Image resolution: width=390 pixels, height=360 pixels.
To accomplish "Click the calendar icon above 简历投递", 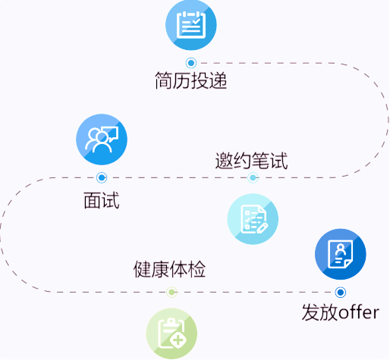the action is pyautogui.click(x=191, y=25).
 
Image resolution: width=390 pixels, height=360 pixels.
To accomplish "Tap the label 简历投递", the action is pyautogui.click(x=191, y=80).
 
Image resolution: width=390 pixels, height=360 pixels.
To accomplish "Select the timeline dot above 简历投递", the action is pyautogui.click(x=191, y=63).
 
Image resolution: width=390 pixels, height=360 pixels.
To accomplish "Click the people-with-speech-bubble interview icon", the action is pyautogui.click(x=102, y=139).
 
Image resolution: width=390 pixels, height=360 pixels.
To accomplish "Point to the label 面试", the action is pyautogui.click(x=102, y=200).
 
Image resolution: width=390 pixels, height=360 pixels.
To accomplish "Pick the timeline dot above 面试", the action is pyautogui.click(x=102, y=177).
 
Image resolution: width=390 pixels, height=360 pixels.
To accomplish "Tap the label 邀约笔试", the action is pyautogui.click(x=251, y=161).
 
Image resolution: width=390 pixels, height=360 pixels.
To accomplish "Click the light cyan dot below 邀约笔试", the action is pyautogui.click(x=253, y=177).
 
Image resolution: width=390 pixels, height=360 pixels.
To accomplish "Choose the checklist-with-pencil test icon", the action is pyautogui.click(x=253, y=219).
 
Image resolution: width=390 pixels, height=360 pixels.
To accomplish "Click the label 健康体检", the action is pyautogui.click(x=169, y=269).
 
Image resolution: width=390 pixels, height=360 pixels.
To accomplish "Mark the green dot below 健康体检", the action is pyautogui.click(x=171, y=293).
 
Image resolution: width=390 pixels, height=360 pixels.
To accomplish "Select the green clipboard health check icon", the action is pyautogui.click(x=171, y=333).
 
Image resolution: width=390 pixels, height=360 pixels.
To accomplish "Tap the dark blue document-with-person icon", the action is pyautogui.click(x=341, y=254).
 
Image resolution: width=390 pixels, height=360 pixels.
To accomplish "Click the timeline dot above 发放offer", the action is pyautogui.click(x=341, y=293).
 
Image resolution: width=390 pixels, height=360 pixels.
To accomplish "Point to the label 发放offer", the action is pyautogui.click(x=341, y=312).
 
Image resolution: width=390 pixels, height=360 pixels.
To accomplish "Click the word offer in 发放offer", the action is pyautogui.click(x=359, y=312).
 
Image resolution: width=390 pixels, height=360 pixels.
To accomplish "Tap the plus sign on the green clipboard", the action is pyautogui.click(x=178, y=340).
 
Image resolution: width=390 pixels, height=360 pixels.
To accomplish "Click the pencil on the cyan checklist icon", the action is pyautogui.click(x=263, y=227).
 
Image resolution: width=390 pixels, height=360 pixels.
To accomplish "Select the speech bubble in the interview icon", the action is pyautogui.click(x=110, y=133).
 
